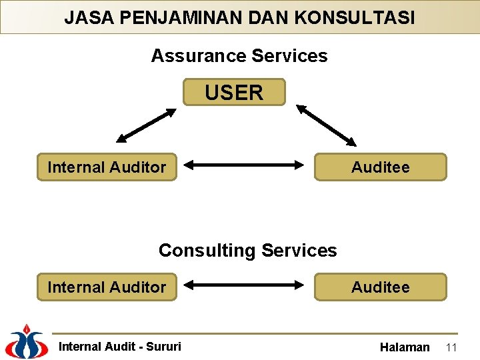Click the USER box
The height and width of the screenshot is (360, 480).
(234, 93)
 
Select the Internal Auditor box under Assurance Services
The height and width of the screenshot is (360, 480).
(107, 167)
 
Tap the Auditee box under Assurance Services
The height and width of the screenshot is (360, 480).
(380, 167)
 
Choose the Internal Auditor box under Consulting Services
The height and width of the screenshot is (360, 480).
(107, 287)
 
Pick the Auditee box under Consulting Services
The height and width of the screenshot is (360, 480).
(380, 287)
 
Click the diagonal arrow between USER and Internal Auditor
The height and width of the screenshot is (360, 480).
(146, 126)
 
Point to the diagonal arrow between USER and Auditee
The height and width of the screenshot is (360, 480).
(327, 125)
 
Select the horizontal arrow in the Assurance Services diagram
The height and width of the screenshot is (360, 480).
(244, 163)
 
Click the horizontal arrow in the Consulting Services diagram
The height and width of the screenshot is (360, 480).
(244, 285)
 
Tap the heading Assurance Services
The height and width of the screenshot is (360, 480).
(239, 56)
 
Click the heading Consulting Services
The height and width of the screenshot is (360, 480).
(247, 251)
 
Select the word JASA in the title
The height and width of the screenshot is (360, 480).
(85, 17)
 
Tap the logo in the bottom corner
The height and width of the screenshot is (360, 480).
(25, 341)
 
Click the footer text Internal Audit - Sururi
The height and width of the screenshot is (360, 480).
(120, 347)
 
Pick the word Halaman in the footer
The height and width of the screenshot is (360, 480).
(405, 347)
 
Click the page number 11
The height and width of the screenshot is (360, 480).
(451, 347)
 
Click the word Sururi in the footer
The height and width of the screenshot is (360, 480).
(164, 347)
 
